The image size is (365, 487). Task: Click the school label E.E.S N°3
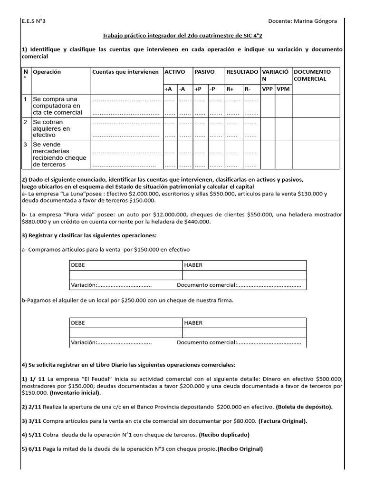[x=34, y=21]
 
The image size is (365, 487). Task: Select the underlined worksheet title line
[x=182, y=35]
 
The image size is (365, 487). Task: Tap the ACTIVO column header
[x=174, y=72]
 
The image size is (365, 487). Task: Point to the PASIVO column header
[x=204, y=72]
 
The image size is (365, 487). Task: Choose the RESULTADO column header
[x=242, y=72]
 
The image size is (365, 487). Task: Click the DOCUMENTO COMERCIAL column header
[x=312, y=75]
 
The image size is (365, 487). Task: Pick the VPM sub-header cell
[x=283, y=89]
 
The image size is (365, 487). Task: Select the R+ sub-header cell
[x=231, y=89]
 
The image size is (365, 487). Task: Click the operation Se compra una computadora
[x=57, y=106]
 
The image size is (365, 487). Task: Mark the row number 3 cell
[x=26, y=145]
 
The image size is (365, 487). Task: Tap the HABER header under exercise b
[x=193, y=323]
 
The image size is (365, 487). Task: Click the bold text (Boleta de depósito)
[x=305, y=407]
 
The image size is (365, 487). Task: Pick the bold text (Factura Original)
[x=283, y=421]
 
